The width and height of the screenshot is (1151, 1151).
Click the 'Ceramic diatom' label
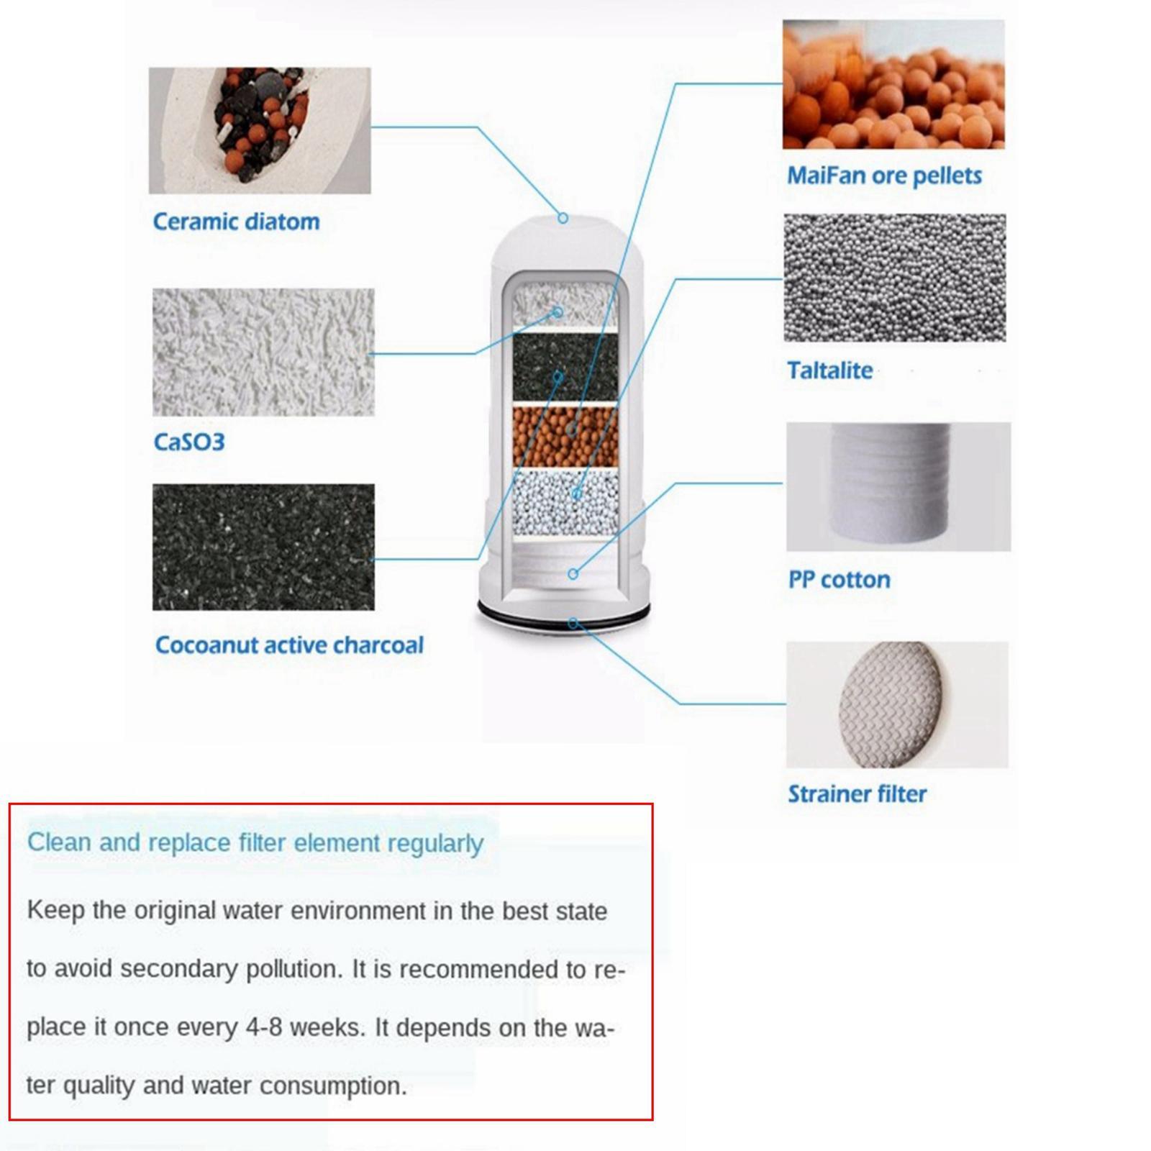point(236,222)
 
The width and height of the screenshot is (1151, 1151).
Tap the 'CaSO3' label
point(189,441)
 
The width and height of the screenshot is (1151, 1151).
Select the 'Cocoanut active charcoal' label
point(289,645)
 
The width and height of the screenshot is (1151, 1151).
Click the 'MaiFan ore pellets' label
point(884,176)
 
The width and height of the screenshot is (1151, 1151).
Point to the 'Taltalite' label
point(829,370)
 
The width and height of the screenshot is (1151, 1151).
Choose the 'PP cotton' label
point(839,579)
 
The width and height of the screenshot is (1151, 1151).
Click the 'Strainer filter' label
point(857,793)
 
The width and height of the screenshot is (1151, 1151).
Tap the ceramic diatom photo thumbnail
point(260,130)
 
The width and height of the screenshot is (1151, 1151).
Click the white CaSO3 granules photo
point(263,352)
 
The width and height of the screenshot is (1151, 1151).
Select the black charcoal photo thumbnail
point(263,547)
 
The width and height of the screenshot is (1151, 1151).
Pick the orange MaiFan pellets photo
point(893,84)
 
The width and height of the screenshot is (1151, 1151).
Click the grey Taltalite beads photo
point(894,277)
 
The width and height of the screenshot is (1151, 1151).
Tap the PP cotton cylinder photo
point(898,487)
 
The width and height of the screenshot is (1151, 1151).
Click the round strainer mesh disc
point(891,704)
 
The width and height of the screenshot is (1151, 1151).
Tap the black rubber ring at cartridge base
point(564,616)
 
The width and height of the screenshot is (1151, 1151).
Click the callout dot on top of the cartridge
point(563,217)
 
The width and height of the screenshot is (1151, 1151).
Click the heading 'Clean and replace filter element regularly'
point(255,842)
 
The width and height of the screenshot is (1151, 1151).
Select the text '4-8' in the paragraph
point(263,1027)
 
